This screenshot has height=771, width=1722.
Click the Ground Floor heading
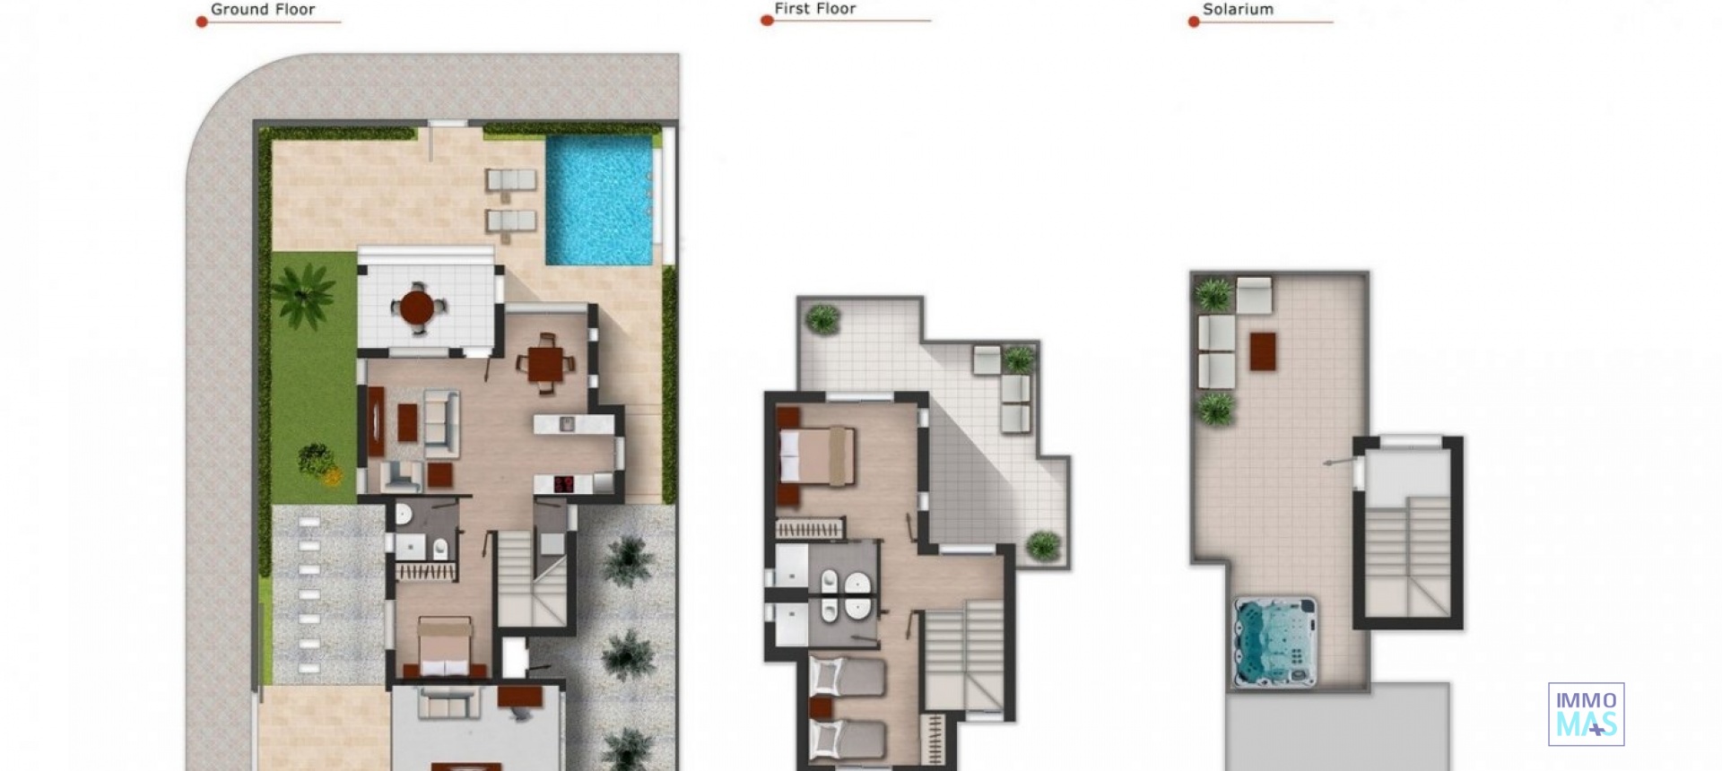coord(262,10)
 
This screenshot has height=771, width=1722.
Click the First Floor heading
coord(814,9)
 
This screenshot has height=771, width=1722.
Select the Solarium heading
coord(1237,10)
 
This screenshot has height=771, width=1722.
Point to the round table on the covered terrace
coord(417,308)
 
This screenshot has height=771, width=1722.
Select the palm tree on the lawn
coord(302,294)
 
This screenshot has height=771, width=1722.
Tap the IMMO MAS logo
coord(1586,714)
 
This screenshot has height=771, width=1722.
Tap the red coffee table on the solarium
coord(1263,351)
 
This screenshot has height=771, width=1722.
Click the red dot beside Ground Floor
coord(202,22)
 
